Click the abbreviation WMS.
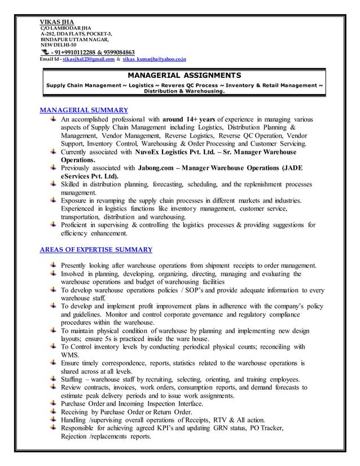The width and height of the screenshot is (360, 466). click(70, 355)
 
